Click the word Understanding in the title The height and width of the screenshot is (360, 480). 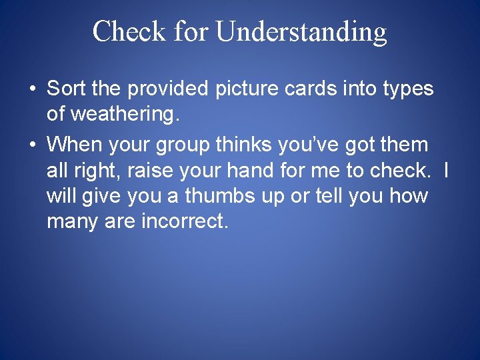coord(302,32)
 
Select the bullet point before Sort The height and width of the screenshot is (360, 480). coord(32,89)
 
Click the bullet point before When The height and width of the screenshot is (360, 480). coord(32,145)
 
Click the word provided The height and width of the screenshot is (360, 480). coord(164,89)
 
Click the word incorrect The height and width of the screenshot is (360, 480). coord(185,222)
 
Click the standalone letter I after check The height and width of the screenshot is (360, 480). coord(445,171)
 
